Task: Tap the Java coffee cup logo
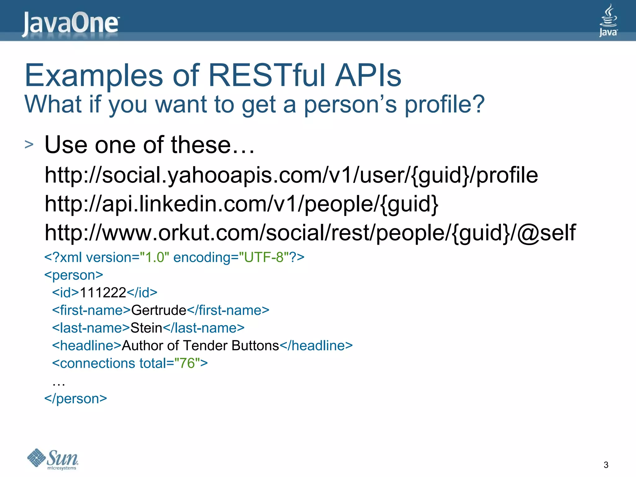tap(608, 20)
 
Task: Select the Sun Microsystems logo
tap(53, 459)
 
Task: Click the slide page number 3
tap(606, 465)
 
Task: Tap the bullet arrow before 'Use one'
tap(29, 144)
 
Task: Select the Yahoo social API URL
tap(291, 175)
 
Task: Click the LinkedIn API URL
tap(241, 204)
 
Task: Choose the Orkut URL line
tap(310, 233)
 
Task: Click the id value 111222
tap(103, 293)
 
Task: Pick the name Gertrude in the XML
tap(158, 310)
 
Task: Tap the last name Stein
tap(146, 328)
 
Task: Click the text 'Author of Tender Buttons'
tap(200, 346)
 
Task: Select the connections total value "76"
tap(187, 363)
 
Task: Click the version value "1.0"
tap(154, 257)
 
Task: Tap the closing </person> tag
tap(75, 399)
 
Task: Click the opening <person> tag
tap(74, 275)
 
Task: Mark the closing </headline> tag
tap(316, 346)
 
